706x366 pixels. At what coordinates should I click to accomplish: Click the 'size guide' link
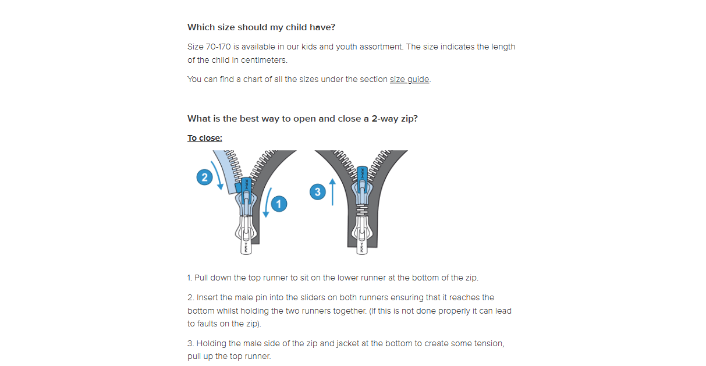409,79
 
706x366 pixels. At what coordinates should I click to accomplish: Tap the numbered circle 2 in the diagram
204,177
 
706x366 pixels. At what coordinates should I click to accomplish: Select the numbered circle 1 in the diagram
279,204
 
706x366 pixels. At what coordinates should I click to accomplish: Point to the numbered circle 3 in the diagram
317,192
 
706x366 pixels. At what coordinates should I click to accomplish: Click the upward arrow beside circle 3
332,192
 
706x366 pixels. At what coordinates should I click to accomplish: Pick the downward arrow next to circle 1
267,202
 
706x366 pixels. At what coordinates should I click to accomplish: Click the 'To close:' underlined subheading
204,138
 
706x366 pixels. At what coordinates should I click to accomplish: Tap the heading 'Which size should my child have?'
261,27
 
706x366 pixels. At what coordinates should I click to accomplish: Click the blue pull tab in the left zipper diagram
246,190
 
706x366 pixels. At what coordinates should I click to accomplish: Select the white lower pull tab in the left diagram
246,241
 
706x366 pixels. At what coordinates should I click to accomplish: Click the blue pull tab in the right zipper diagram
362,180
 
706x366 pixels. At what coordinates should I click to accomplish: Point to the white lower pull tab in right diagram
362,241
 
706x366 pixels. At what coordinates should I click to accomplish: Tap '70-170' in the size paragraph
218,47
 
